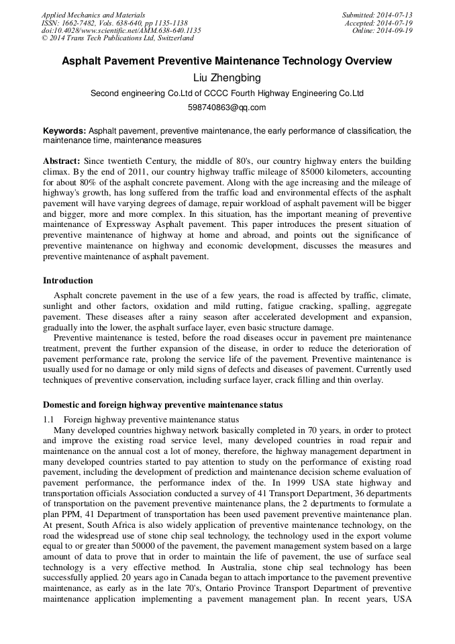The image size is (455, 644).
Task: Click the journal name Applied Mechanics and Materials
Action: (x=93, y=14)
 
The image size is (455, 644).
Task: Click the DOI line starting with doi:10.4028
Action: (x=121, y=30)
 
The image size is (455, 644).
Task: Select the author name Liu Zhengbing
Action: (x=227, y=79)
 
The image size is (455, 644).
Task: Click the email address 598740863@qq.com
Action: (x=227, y=107)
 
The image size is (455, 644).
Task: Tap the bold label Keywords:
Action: (x=64, y=131)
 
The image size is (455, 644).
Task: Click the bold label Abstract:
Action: (x=62, y=162)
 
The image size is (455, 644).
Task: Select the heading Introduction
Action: (x=68, y=281)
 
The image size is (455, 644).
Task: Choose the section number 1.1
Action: (x=48, y=420)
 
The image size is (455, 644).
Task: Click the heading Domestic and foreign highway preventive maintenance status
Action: (x=162, y=405)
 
